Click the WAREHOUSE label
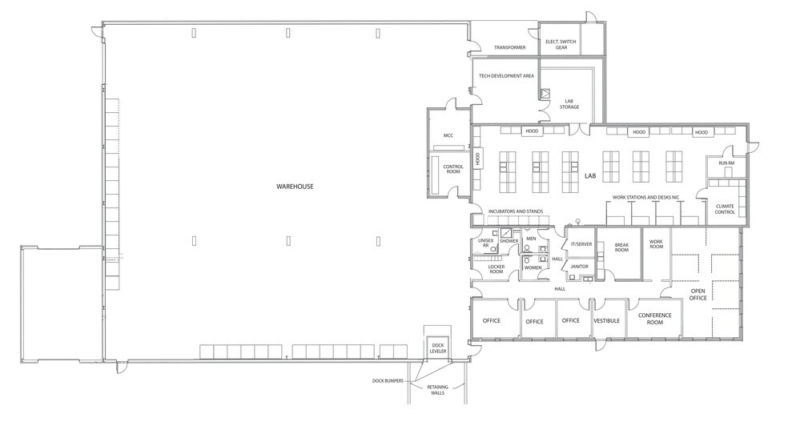point(295,187)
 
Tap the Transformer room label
point(509,48)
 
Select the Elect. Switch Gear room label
point(561,45)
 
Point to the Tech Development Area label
point(507,76)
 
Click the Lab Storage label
point(569,104)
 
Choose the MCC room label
point(448,135)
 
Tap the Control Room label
point(452,169)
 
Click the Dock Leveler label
point(438,348)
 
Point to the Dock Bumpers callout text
point(388,381)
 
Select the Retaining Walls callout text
point(438,390)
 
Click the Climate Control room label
point(725,209)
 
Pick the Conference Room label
point(655,319)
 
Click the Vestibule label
point(606,320)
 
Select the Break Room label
point(621,247)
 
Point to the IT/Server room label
point(582,244)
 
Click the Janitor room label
point(580,267)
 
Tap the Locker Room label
point(496,269)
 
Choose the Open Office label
point(698,295)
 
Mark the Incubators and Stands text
point(516,211)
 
